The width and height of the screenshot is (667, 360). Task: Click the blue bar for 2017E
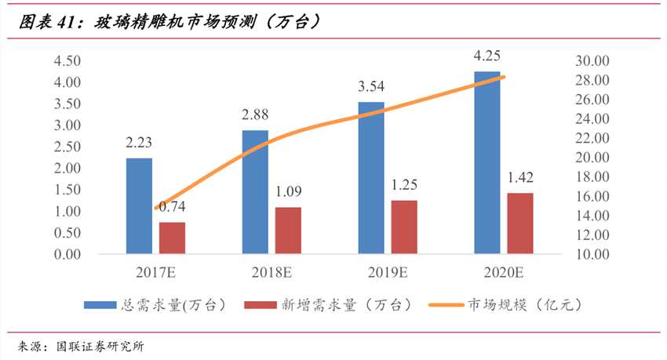[139, 205]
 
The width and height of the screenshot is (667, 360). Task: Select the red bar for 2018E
[288, 230]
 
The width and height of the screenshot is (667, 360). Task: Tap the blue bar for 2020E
[487, 162]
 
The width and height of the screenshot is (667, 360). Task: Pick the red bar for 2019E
[404, 227]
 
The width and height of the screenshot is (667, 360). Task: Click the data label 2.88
[255, 115]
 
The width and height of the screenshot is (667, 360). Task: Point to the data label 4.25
[487, 56]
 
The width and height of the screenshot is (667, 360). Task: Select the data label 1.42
[519, 177]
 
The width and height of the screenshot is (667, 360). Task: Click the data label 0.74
[171, 206]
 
